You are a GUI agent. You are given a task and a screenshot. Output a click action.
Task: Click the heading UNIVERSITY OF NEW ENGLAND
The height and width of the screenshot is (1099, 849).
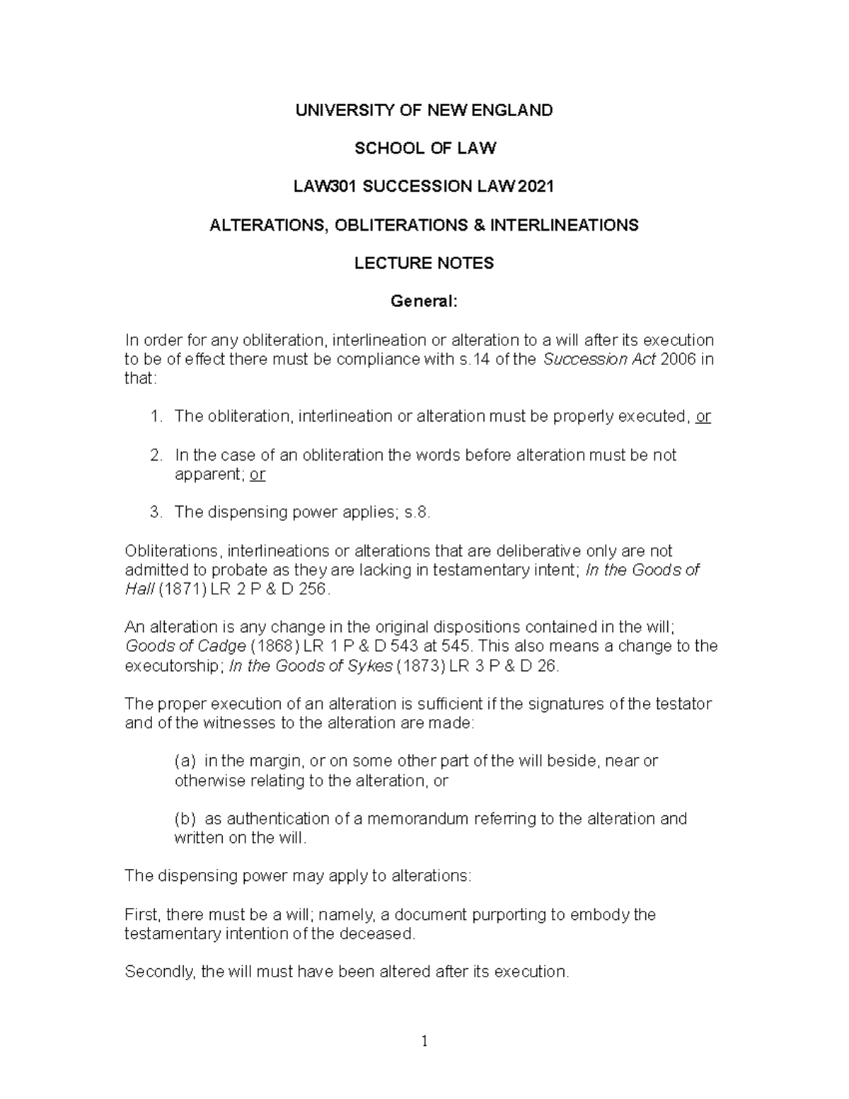pos(424,110)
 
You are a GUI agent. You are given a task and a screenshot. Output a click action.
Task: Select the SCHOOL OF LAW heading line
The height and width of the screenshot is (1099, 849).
pos(424,149)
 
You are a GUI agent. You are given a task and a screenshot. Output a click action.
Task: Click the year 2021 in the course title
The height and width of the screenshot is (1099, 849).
pos(536,187)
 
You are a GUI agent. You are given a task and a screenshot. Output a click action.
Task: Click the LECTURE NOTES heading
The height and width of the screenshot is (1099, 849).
pos(424,263)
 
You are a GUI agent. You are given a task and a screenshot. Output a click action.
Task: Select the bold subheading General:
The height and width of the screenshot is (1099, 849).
pos(424,301)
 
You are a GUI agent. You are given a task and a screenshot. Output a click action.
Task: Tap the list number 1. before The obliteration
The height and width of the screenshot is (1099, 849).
pos(156,417)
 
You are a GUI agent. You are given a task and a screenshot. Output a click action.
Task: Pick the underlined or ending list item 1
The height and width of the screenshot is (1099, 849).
pos(703,417)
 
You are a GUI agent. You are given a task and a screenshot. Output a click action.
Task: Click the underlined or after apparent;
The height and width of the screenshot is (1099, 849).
pos(258,475)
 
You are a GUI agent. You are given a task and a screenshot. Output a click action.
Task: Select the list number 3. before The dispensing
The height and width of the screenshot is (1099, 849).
pos(156,512)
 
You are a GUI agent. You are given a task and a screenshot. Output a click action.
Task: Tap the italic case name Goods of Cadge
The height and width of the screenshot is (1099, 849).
pos(185,647)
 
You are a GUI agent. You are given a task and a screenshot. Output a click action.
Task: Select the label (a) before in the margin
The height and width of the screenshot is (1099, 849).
pos(185,761)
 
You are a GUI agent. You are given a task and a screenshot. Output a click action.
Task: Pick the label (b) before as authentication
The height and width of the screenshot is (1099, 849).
pos(185,819)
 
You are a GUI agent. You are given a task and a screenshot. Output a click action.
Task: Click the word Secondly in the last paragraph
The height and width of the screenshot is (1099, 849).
pos(159,972)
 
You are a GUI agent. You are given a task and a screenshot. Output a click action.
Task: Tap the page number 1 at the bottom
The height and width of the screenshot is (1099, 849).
pos(424,1040)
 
